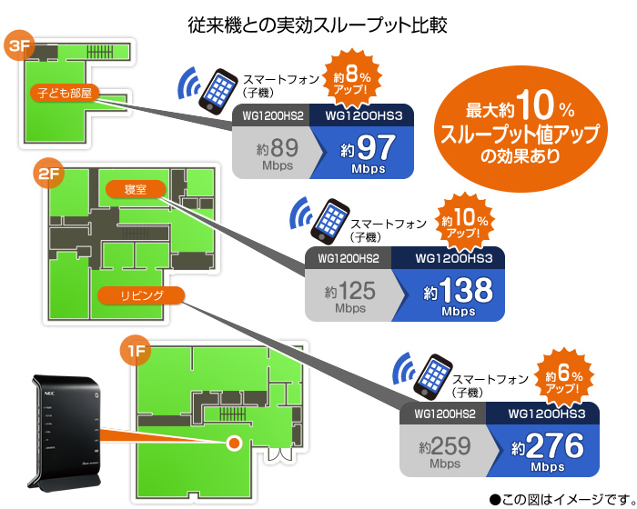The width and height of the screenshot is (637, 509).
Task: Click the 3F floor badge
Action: pyautogui.click(x=19, y=45)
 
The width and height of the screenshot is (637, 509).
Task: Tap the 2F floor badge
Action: pyautogui.click(x=48, y=174)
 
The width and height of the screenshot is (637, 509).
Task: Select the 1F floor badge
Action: pyautogui.click(x=136, y=350)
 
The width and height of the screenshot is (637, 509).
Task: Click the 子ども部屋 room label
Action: pyautogui.click(x=65, y=94)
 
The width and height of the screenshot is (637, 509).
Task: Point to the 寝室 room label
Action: pyautogui.click(x=136, y=189)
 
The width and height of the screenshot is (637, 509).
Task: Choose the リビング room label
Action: pyautogui.click(x=141, y=295)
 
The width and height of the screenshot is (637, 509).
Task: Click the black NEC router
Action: pyautogui.click(x=65, y=431)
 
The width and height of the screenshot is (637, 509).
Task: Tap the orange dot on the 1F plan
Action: pyautogui.click(x=234, y=443)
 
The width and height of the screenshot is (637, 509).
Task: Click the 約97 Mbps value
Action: pyautogui.click(x=368, y=155)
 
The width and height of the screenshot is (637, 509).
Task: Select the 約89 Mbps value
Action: pyautogui.click(x=278, y=153)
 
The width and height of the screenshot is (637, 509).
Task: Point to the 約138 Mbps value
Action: pyautogui.click(x=459, y=296)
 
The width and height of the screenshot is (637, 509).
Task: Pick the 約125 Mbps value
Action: pyautogui.click(x=350, y=296)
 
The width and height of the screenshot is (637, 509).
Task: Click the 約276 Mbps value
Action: pyautogui.click(x=548, y=452)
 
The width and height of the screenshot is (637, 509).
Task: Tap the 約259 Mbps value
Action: pyautogui.click(x=445, y=452)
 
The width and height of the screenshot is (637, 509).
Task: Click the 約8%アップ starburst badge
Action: pyautogui.click(x=352, y=78)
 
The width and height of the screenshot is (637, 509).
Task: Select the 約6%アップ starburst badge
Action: pyautogui.click(x=564, y=378)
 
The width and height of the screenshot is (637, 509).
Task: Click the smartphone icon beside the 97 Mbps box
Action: pyautogui.click(x=218, y=91)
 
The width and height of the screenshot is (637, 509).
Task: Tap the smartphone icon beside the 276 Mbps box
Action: pyautogui.click(x=432, y=377)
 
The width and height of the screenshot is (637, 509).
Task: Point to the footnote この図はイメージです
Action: pyautogui.click(x=562, y=499)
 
